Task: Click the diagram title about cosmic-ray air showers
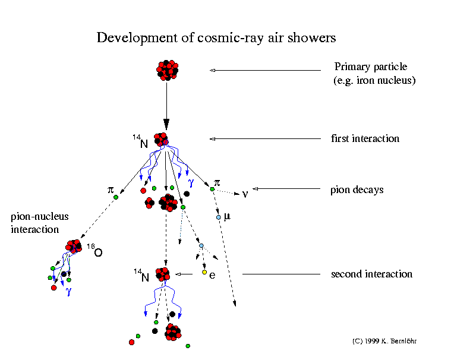(x=216, y=38)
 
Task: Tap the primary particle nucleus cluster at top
(x=167, y=70)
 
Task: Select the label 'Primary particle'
(x=371, y=67)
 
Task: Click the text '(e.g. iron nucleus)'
(x=374, y=80)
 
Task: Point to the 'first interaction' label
(x=365, y=138)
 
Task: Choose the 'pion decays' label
(x=357, y=190)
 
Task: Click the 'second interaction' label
(x=371, y=274)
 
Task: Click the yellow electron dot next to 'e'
(x=204, y=272)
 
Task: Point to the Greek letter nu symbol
(x=244, y=194)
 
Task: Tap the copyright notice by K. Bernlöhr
(x=384, y=342)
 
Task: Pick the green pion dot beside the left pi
(x=116, y=197)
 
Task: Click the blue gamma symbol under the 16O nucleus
(x=68, y=291)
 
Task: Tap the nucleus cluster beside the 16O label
(x=74, y=246)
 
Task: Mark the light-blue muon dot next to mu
(x=219, y=217)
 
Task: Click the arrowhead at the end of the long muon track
(x=235, y=304)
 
